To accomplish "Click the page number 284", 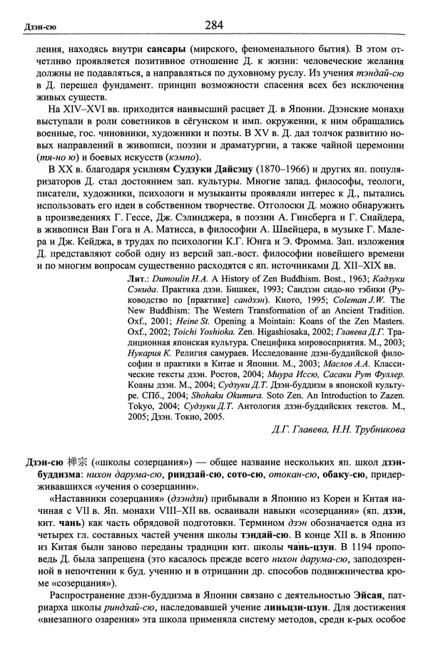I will pos(214,26).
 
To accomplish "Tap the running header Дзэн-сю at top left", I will pos(29,28).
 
